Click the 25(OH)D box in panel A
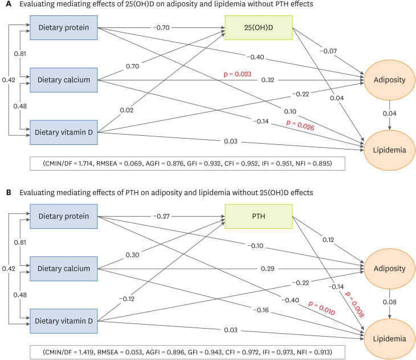259,26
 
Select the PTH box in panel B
259,216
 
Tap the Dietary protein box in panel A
63,26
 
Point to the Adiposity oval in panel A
390,80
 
